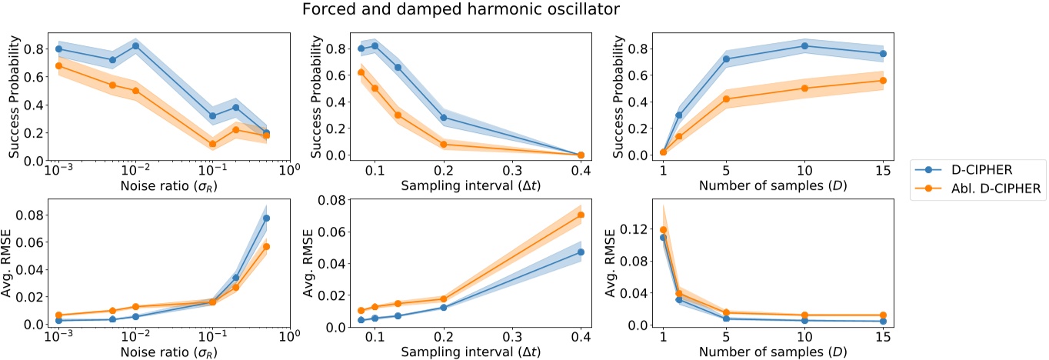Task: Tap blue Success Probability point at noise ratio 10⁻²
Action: click(135, 46)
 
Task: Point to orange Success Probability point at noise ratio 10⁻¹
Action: click(212, 144)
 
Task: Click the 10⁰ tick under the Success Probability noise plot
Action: click(289, 170)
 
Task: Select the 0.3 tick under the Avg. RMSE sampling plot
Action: click(512, 337)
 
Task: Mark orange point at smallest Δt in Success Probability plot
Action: click(361, 72)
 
